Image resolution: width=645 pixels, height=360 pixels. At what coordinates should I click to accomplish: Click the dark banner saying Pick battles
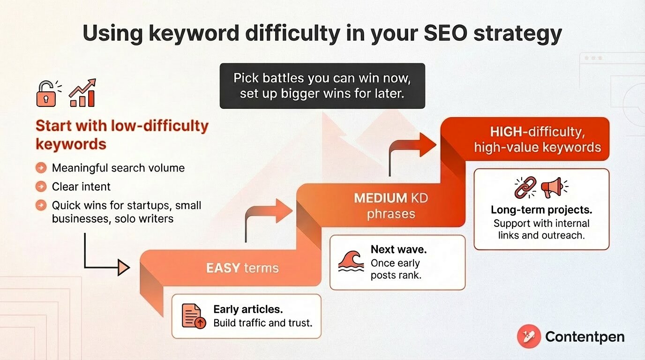[322, 86]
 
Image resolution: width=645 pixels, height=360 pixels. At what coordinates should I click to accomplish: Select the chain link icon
[525, 188]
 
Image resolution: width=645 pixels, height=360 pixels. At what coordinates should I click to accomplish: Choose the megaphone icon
[554, 188]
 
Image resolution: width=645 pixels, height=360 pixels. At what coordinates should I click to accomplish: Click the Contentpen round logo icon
[529, 337]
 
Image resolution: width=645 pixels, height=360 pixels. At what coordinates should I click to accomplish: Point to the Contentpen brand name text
[585, 337]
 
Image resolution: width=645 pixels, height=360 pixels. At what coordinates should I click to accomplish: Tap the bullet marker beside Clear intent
[41, 187]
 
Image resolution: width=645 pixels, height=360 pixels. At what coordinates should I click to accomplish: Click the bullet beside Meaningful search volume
[41, 168]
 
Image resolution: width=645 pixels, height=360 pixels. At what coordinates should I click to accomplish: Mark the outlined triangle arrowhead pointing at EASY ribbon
[123, 268]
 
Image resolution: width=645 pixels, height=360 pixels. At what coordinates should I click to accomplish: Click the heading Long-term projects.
[541, 210]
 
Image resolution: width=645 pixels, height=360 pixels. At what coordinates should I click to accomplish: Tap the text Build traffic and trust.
[262, 322]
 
